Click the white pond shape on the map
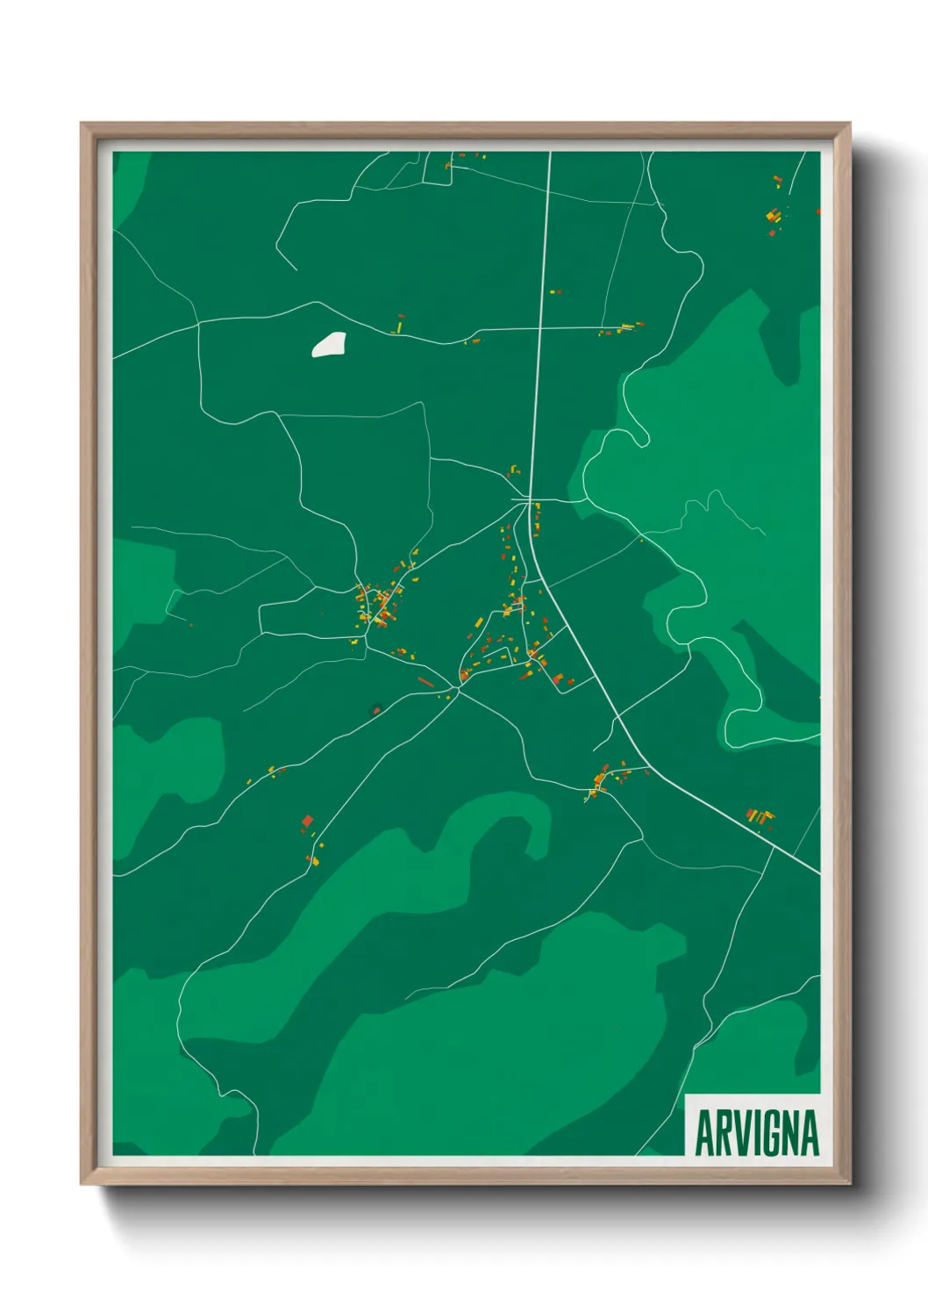pos(329,344)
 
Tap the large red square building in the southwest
pos(307,822)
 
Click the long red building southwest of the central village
pos(425,681)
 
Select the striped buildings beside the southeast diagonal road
pos(760,817)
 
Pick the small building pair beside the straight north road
pos(553,291)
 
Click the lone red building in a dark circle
pos(377,709)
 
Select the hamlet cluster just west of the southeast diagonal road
pos(607,779)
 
